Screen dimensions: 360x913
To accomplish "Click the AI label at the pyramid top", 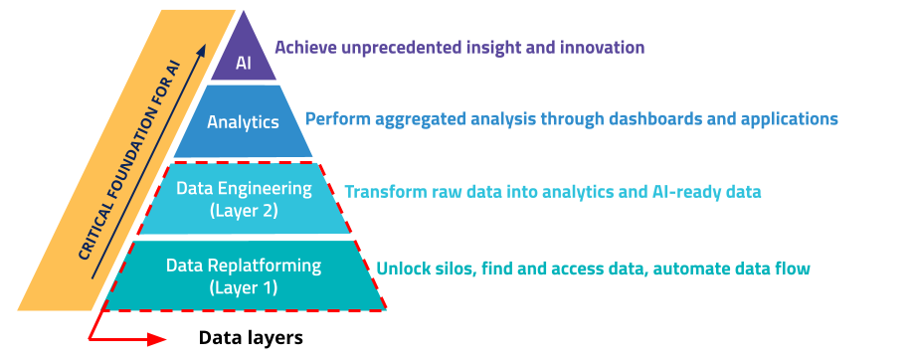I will (x=244, y=64).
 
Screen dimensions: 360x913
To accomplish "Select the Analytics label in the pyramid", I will (x=243, y=122).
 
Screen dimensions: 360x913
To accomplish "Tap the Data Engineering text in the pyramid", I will (x=244, y=187).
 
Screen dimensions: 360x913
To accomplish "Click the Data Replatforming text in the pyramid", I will (x=244, y=266).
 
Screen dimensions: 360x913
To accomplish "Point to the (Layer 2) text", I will (x=244, y=210).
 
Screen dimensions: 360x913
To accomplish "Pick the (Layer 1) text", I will (x=244, y=288).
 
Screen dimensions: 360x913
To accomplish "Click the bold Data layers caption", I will (x=251, y=337).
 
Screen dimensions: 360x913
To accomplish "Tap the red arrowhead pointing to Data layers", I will (x=156, y=339).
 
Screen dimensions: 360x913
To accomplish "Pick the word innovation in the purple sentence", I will (x=602, y=47).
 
